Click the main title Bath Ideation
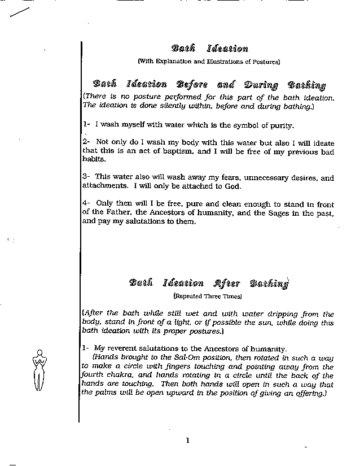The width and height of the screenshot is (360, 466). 209,49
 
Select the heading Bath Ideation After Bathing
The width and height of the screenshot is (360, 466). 208,283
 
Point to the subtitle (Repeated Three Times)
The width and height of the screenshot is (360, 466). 208,296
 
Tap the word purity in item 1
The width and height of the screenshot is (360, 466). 279,125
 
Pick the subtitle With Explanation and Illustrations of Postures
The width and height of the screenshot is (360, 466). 209,61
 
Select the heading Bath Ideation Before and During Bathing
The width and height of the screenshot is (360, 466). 209,85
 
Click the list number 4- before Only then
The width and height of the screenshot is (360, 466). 86,204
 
